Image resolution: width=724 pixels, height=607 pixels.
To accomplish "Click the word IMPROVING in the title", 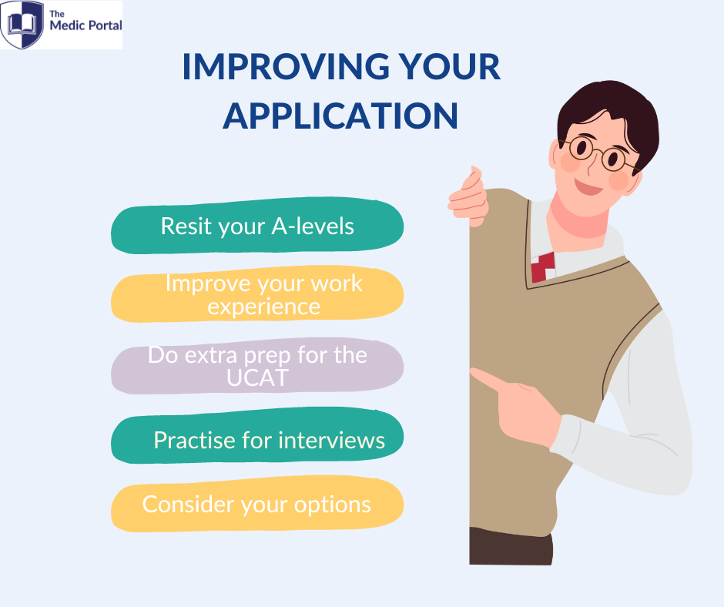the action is [286, 67].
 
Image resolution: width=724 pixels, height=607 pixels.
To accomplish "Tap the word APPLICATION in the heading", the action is [340, 116].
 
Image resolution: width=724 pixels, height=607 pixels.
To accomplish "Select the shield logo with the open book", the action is [22, 25].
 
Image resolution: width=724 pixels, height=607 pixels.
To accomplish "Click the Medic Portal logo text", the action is [86, 22].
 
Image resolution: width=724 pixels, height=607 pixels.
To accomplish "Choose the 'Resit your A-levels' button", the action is [257, 226].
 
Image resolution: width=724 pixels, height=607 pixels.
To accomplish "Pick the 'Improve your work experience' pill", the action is [257, 293].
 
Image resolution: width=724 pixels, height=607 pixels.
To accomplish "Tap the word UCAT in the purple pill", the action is [258, 377].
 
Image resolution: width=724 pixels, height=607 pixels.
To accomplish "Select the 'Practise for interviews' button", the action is [257, 436].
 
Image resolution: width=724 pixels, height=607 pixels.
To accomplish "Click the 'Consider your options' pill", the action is [257, 504].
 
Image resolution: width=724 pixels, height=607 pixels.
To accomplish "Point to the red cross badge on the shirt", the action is [542, 267].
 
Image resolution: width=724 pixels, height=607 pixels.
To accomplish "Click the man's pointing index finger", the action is [487, 379].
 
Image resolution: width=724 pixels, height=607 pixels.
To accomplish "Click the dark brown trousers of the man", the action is [511, 546].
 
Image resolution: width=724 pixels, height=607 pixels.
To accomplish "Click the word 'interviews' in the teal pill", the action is [332, 441].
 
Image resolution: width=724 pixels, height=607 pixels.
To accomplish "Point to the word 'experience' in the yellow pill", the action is [263, 307].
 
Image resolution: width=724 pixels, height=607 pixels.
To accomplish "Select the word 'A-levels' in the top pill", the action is [313, 226].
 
